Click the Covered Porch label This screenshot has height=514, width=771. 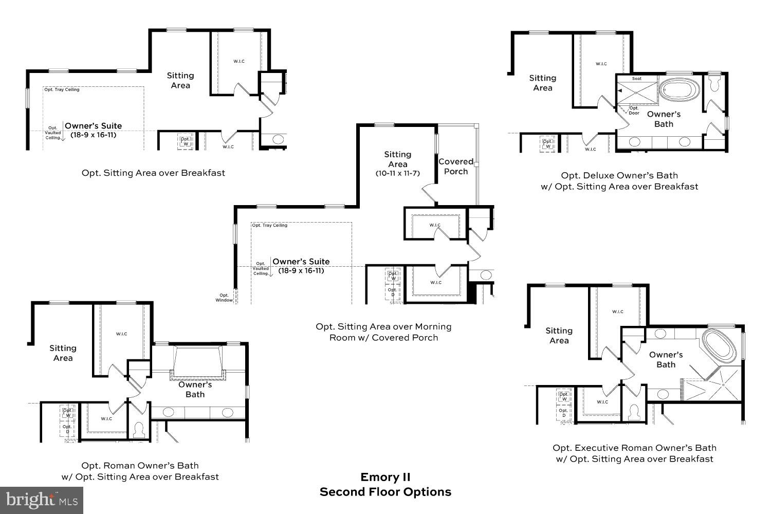[456, 167]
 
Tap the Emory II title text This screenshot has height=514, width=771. [385, 477]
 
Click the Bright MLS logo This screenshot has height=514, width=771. [42, 500]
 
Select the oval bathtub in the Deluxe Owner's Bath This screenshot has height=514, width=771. [679, 90]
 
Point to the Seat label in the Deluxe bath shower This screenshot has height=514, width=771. [636, 79]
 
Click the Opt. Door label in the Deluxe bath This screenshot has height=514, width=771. [634, 111]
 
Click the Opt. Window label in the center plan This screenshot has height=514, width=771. [224, 298]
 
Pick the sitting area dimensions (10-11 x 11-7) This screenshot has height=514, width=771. [397, 174]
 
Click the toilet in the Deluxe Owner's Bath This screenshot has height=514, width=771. [714, 83]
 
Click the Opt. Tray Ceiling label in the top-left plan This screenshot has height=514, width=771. [62, 90]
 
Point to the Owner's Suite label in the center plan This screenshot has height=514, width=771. [301, 262]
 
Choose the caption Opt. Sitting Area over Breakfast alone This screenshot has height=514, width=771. [153, 173]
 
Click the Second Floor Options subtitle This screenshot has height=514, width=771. [385, 492]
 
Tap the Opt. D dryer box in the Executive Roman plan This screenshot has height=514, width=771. [563, 413]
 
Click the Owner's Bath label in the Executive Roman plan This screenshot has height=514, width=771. [666, 360]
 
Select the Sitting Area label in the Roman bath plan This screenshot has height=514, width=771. [63, 353]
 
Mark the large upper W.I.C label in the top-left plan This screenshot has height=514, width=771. [238, 62]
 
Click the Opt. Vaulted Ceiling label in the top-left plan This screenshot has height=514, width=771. [53, 133]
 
